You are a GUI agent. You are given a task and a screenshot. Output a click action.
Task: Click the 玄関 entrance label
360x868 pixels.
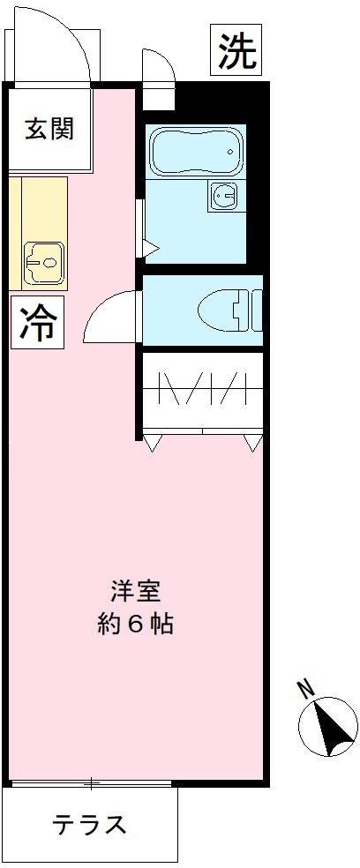[x=49, y=129]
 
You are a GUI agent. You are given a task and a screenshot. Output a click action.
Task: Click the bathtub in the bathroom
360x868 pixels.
[x=195, y=152]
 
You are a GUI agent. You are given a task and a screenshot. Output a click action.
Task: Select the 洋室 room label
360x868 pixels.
[x=135, y=589]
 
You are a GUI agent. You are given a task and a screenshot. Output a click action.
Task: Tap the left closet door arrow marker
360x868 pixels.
[x=151, y=444]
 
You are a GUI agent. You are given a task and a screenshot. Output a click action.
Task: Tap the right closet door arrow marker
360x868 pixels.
[x=253, y=444]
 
